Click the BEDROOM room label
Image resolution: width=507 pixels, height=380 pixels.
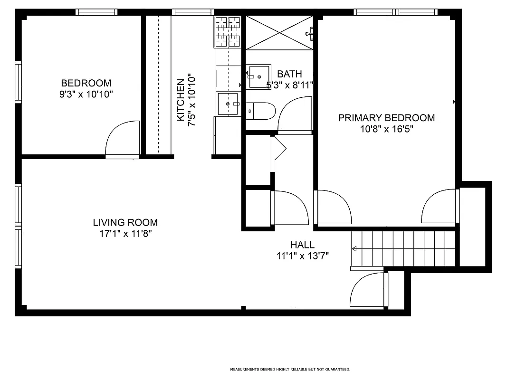(86, 83)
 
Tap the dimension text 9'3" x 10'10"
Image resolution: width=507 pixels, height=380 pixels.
(86, 94)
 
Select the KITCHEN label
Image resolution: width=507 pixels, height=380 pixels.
(181, 100)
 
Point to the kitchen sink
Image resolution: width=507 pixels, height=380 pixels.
(228, 104)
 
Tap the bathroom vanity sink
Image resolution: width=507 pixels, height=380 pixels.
(259, 76)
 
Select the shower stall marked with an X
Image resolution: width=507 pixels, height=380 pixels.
(279, 32)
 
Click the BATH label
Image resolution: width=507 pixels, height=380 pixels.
(289, 74)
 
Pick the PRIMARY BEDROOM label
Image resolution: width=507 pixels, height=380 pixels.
(386, 118)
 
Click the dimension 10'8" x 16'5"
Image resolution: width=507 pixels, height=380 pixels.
(386, 129)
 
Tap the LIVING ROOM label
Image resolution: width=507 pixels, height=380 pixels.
(125, 222)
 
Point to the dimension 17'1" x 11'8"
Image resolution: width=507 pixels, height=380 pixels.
(125, 233)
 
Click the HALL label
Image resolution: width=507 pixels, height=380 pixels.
(302, 245)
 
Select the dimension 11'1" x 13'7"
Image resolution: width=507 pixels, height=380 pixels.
(302, 256)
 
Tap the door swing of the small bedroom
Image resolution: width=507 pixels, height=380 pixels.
(121, 139)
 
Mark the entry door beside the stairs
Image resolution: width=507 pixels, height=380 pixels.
(367, 290)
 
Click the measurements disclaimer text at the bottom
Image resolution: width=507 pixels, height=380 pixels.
(290, 369)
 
